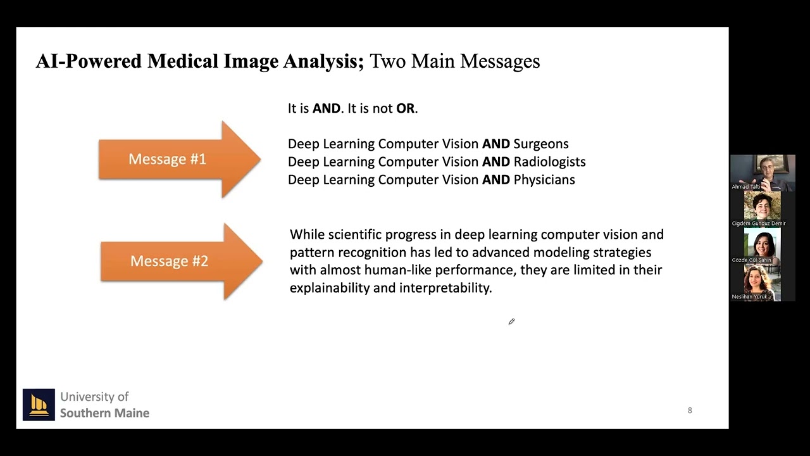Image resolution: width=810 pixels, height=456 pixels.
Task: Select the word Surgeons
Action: coord(540,144)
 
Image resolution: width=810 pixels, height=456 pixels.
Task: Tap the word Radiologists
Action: coord(549,161)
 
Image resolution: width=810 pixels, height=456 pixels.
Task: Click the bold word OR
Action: coord(405,108)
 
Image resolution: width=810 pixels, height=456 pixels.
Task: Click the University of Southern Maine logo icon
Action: coord(39,405)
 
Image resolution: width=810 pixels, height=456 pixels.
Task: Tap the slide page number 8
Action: coord(690,410)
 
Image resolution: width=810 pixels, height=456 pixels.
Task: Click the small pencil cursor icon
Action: coord(511,322)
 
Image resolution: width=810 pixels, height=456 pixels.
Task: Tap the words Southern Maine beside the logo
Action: coord(104,413)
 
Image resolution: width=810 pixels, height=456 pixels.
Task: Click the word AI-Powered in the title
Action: coord(89,61)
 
